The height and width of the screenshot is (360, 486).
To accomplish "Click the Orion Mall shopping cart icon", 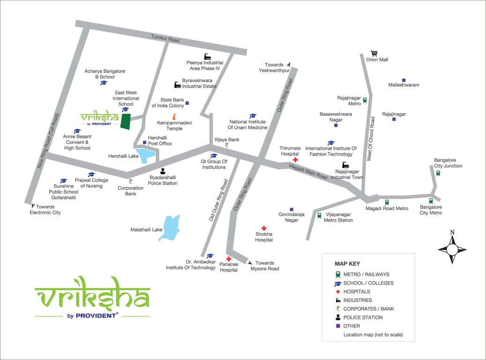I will (374, 53).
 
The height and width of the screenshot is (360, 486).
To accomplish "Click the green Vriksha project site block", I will (125, 121).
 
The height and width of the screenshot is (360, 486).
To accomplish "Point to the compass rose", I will (452, 248).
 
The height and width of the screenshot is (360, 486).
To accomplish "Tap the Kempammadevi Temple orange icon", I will (174, 116).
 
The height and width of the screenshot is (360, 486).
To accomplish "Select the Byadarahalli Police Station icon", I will (163, 171).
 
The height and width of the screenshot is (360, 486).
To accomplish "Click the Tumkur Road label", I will (165, 39).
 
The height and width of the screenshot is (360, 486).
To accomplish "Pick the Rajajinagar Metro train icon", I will (365, 100).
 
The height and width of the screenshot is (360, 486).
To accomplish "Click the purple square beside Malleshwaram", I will (404, 80).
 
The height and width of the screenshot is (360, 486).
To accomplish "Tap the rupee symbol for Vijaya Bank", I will (227, 145).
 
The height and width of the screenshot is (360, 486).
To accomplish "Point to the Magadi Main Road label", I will (308, 171).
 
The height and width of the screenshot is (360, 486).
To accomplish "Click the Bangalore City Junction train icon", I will (438, 172).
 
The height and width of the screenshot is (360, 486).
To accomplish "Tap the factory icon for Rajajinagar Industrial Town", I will (346, 165).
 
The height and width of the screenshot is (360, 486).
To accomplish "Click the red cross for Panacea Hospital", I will (228, 259).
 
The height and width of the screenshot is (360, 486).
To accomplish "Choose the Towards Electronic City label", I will (45, 210).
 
